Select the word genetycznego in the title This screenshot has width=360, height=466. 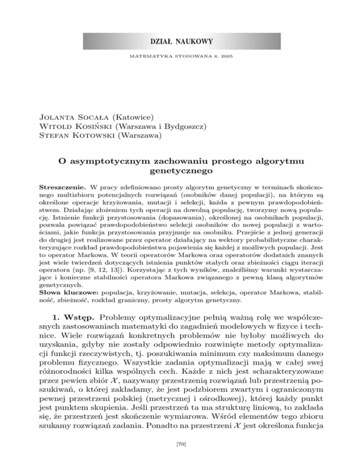point(180,173)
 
